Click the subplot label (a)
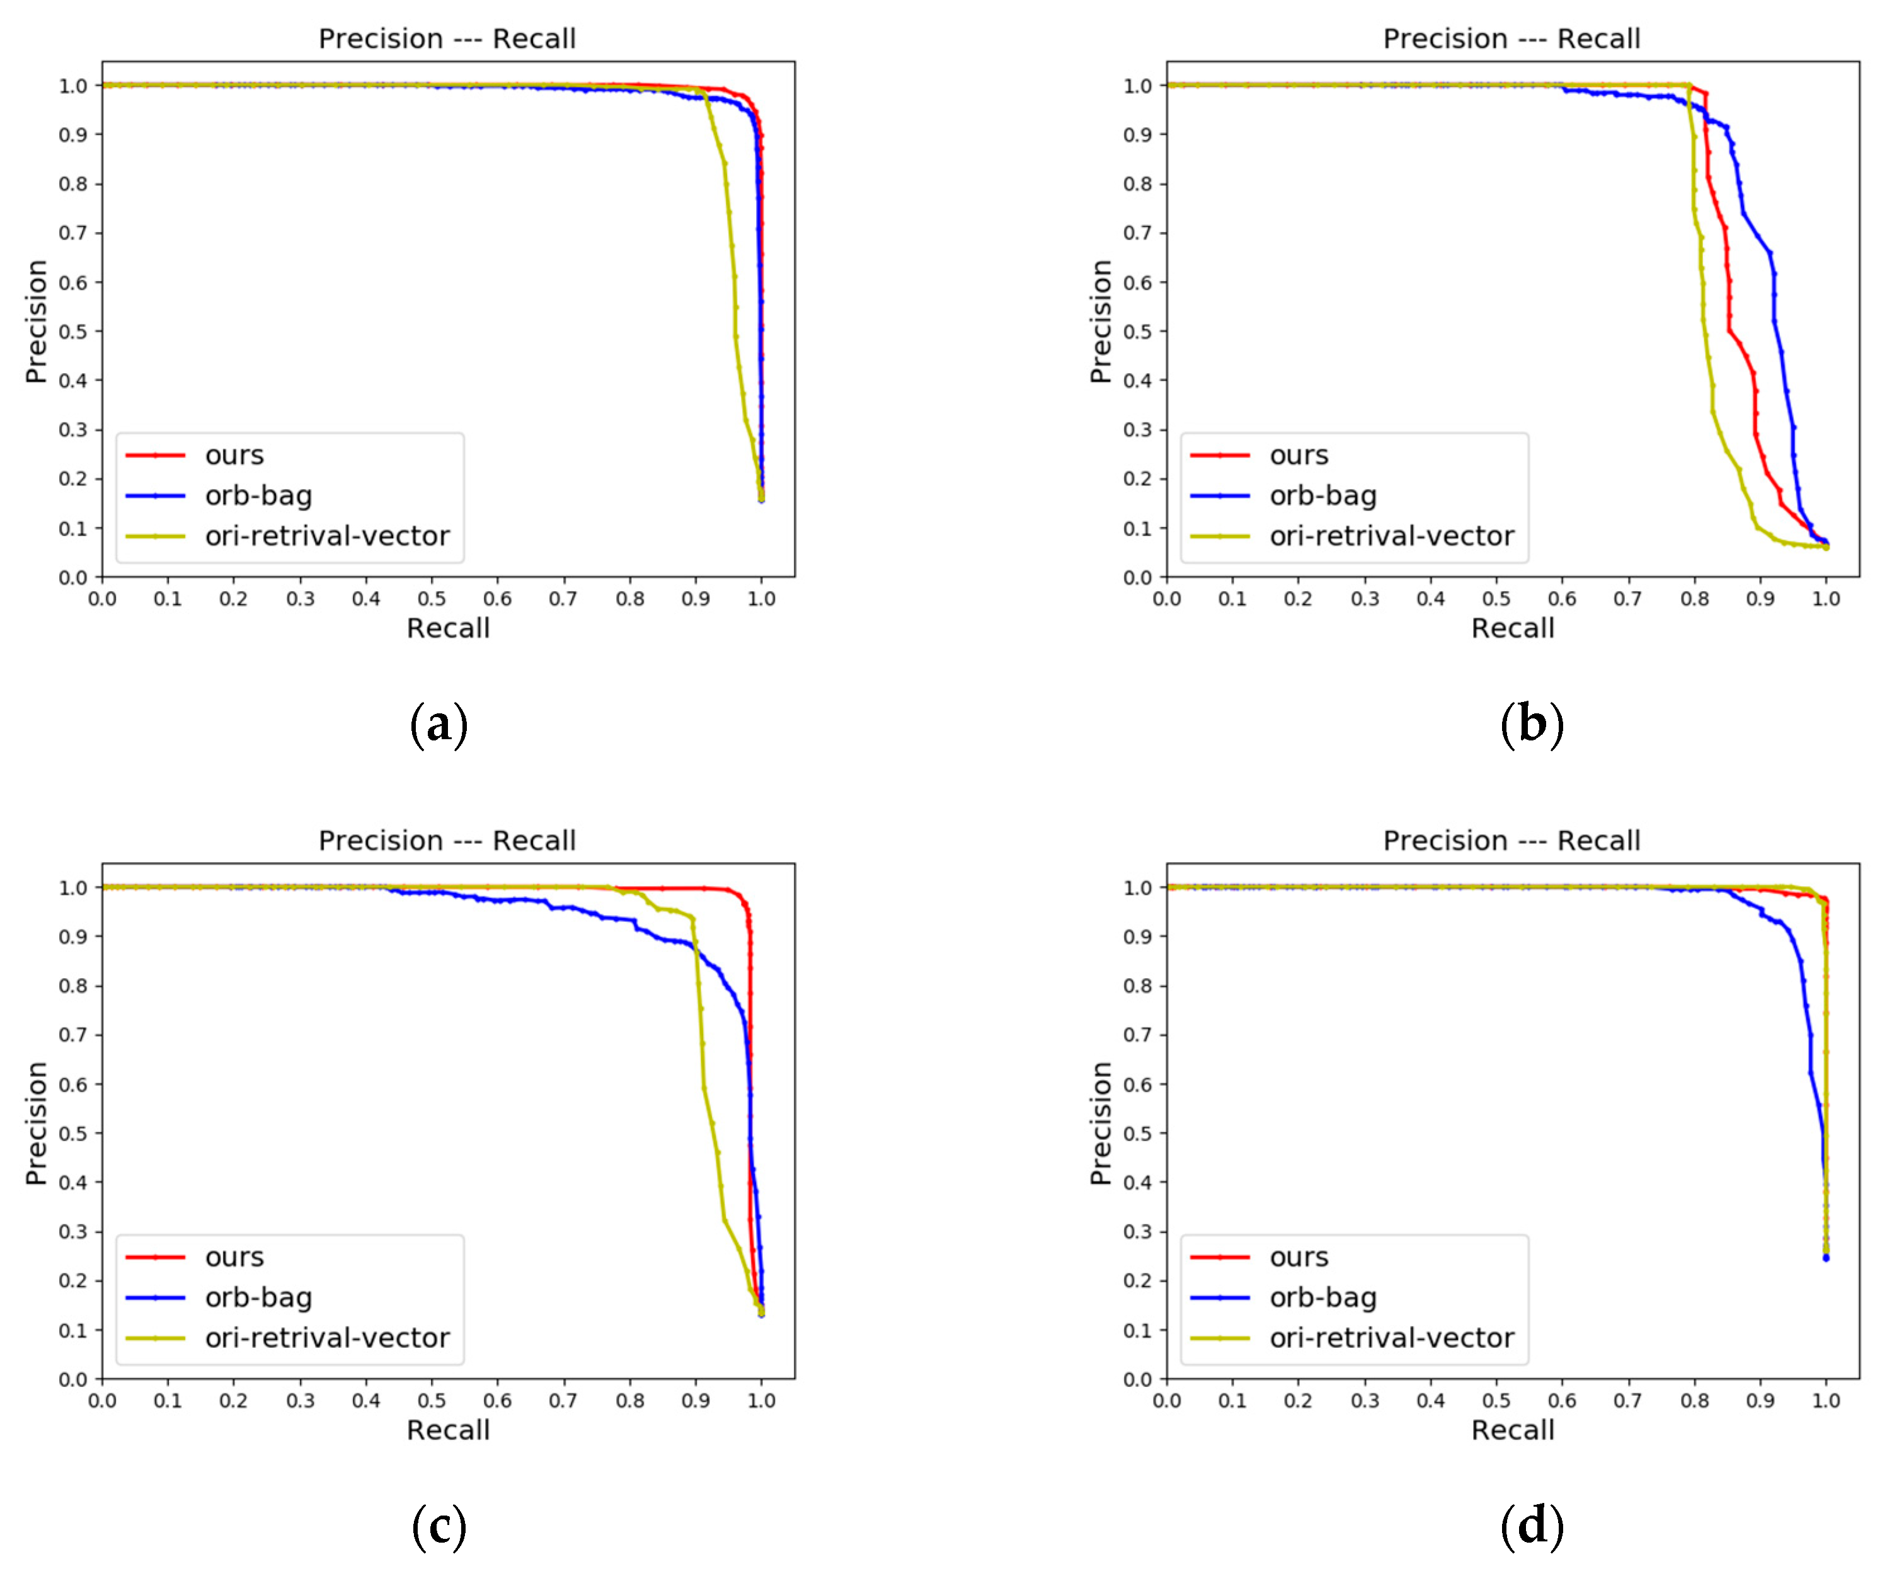[439, 725]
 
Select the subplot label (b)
[1532, 725]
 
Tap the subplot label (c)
[439, 1527]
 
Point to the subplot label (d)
[1532, 1527]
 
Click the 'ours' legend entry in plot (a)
[234, 456]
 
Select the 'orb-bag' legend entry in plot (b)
[1322, 496]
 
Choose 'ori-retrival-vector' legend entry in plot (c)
[326, 1338]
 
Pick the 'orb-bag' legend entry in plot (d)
[1322, 1298]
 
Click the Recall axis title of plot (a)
[447, 628]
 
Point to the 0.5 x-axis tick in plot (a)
[432, 599]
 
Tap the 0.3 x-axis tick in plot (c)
[300, 1400]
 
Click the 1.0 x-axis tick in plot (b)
[1826, 599]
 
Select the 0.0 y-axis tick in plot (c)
[73, 1379]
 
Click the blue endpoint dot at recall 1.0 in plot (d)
[1826, 1258]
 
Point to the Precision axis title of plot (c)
[36, 1124]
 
